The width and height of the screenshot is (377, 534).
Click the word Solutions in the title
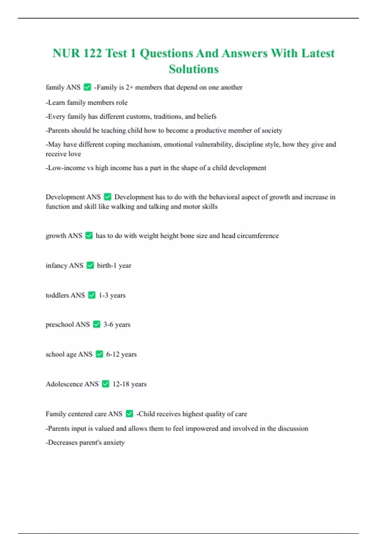pyautogui.click(x=194, y=69)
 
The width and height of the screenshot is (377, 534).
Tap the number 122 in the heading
pyautogui.click(x=92, y=53)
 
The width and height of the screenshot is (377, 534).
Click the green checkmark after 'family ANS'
pyautogui.click(x=87, y=87)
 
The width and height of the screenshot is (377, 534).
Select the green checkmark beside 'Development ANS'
pyautogui.click(x=107, y=197)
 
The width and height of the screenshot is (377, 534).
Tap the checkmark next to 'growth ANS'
pyautogui.click(x=89, y=235)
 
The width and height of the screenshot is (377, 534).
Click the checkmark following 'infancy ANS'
pyautogui.click(x=90, y=265)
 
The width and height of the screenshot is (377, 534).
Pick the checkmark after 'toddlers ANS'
pyautogui.click(x=92, y=295)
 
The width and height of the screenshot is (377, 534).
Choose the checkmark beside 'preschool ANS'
pyautogui.click(x=97, y=324)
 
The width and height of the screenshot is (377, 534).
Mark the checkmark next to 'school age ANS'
pyautogui.click(x=99, y=354)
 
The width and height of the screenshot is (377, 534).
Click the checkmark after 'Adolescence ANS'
pyautogui.click(x=106, y=384)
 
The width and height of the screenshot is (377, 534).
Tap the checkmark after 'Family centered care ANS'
pyautogui.click(x=129, y=414)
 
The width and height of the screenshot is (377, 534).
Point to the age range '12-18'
pyautogui.click(x=121, y=384)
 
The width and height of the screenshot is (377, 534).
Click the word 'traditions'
pyautogui.click(x=168, y=117)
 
